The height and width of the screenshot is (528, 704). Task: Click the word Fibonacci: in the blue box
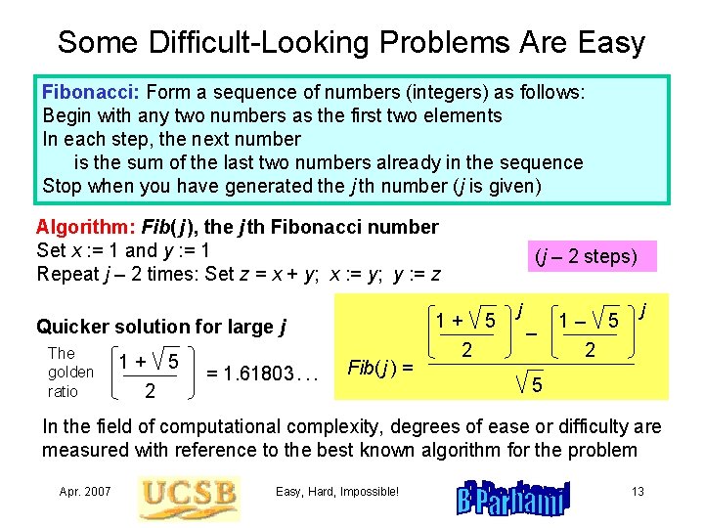coord(92,93)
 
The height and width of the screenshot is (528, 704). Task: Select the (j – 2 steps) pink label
coord(586,257)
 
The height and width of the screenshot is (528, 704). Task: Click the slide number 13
coord(638,491)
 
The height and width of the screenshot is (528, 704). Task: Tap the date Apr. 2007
coord(85,491)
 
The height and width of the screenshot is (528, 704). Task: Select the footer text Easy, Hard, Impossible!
coord(337,491)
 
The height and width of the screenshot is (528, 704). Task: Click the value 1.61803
coord(264,372)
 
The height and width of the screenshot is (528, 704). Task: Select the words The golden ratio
coord(70,372)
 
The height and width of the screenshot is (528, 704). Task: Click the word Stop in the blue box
coord(63,186)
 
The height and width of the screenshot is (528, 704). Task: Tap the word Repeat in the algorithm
coord(67,275)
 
